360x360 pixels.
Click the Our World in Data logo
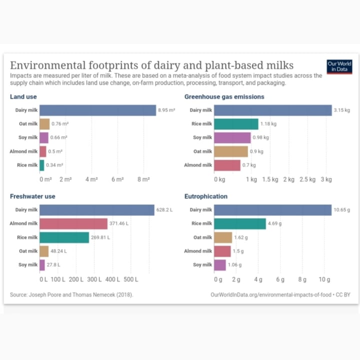pos(339,67)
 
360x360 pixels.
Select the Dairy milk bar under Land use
pos(98,110)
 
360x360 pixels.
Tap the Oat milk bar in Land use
pos(44,124)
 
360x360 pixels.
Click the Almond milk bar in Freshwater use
pos(73,223)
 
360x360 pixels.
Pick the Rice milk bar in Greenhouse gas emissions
pos(236,124)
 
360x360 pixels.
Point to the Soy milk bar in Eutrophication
pos(219,265)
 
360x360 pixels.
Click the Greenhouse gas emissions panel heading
pos(224,96)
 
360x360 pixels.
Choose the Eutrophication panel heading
pos(205,196)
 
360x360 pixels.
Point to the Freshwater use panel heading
pos(32,196)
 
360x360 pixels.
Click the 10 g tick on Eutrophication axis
pos(324,279)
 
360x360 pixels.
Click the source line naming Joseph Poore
pos(71,294)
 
